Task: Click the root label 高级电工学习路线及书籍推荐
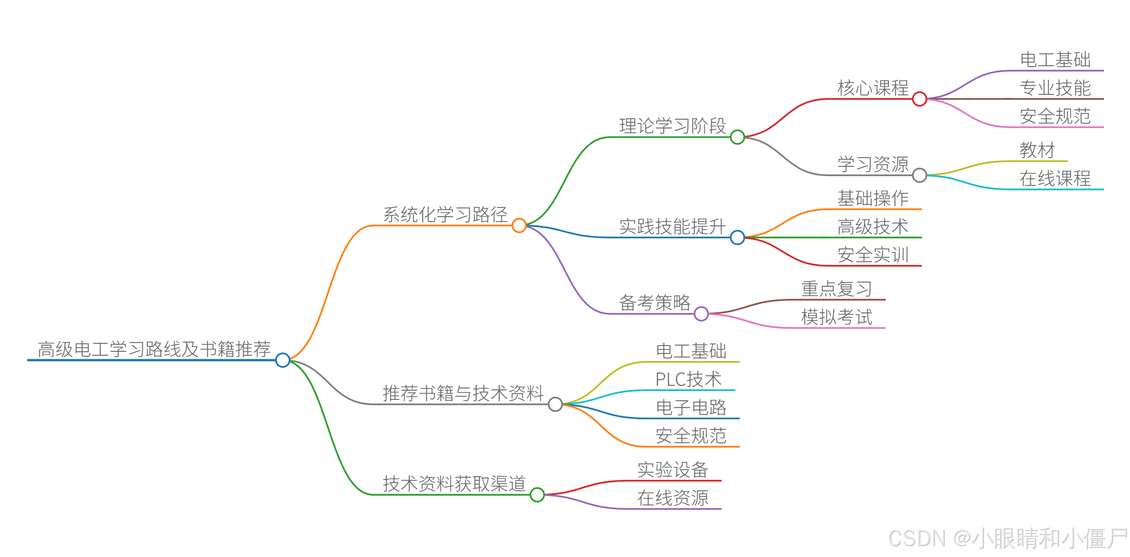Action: pos(154,349)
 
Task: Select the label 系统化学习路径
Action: pos(445,215)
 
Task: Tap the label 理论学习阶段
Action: pos(673,126)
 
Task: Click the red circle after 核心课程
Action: pos(919,99)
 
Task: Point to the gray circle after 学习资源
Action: pos(919,175)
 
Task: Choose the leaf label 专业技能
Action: pos(1055,88)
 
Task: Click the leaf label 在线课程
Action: pos(1055,179)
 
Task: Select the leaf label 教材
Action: pos(1037,150)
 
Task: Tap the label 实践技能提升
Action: pos(673,227)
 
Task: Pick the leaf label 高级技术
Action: pos(873,227)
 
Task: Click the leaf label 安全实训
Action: pos(873,255)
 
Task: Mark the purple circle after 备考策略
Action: pos(701,314)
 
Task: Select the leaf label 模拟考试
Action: pos(836,317)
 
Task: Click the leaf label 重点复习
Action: pos(836,289)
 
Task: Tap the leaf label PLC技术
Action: pos(688,380)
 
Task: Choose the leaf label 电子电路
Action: pos(691,408)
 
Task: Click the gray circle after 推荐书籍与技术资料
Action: pos(555,404)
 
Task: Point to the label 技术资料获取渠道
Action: pos(454,484)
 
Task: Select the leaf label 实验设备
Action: pos(673,470)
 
